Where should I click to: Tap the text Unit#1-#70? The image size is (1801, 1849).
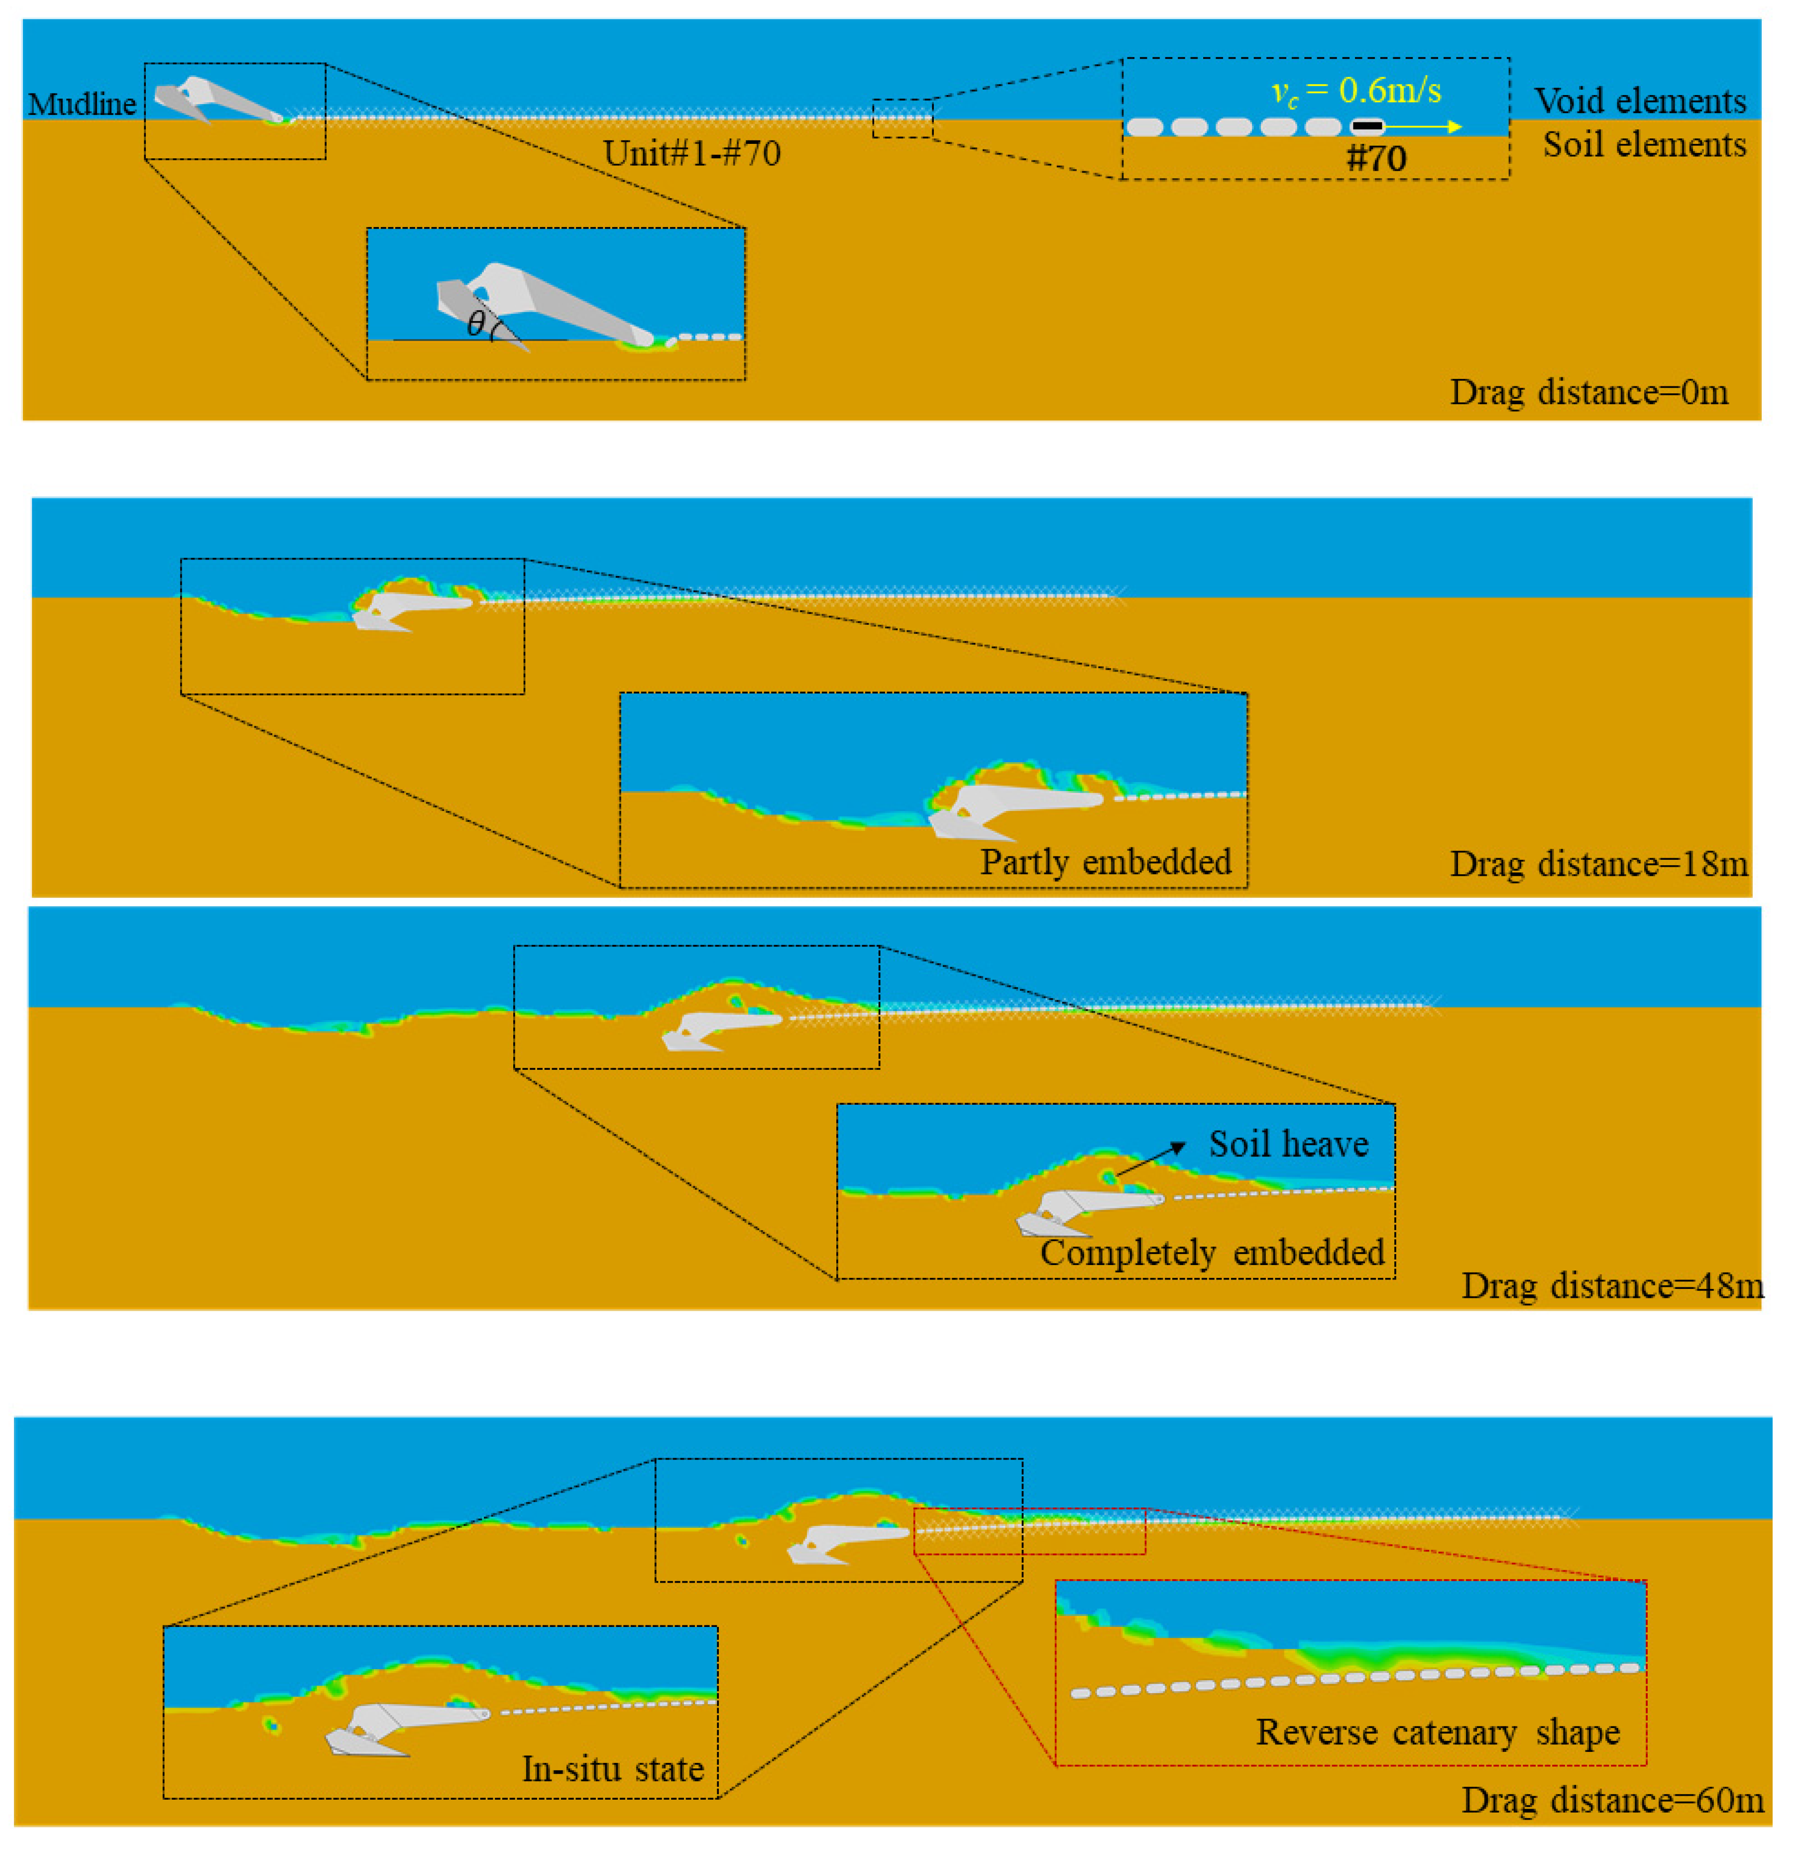(x=691, y=153)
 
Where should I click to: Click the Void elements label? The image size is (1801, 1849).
(x=1639, y=100)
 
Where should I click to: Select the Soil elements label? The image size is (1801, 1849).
(x=1644, y=145)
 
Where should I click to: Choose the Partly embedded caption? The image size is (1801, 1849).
(x=1105, y=862)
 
